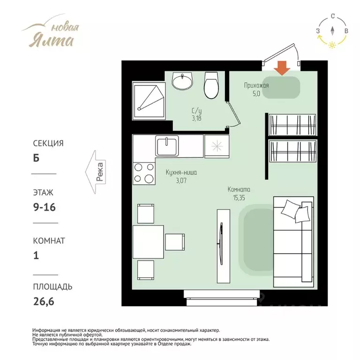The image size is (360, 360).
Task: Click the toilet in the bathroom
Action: [x=211, y=85]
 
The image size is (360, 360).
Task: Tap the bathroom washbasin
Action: [x=182, y=80]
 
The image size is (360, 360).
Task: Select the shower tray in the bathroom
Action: [x=149, y=101]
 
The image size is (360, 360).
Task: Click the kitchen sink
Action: [x=167, y=146]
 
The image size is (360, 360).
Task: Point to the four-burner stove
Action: [x=144, y=173]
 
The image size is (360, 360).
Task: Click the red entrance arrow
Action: [x=282, y=68]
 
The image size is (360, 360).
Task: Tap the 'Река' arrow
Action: [x=96, y=172]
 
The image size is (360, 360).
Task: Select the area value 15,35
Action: [x=239, y=198]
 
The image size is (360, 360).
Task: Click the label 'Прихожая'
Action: [x=256, y=86]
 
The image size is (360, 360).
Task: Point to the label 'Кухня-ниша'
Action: [x=181, y=172]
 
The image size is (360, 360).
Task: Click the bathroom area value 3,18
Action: [x=197, y=119]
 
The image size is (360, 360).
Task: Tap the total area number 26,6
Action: [x=44, y=301]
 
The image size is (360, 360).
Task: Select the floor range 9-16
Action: [x=45, y=207]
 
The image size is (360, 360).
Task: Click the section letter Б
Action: [x=36, y=158]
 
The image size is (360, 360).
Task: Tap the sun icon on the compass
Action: [x=332, y=45]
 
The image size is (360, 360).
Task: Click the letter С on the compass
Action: [x=333, y=16]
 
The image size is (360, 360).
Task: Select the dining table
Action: [x=148, y=242]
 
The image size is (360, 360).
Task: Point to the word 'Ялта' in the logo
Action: [x=51, y=40]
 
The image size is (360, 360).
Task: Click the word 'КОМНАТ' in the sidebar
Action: [x=49, y=241]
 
